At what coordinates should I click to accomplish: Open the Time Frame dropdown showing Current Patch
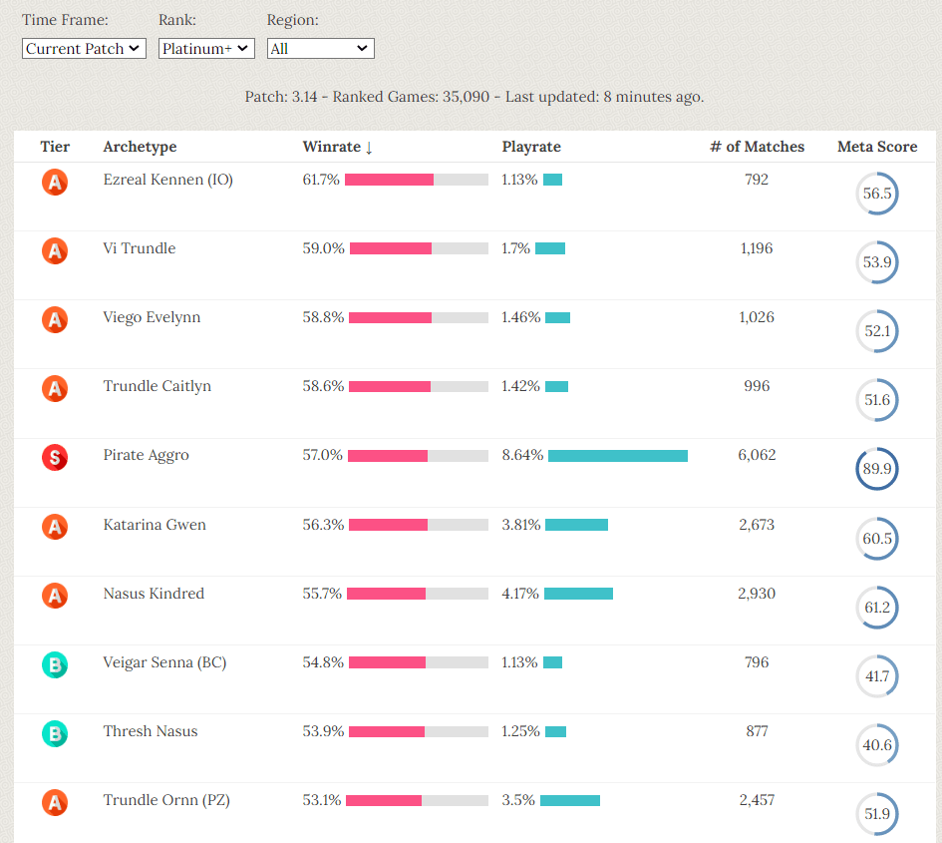[84, 48]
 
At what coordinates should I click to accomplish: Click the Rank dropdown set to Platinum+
[206, 48]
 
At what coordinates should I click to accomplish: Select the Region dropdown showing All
[320, 48]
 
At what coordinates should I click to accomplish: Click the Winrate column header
[337, 147]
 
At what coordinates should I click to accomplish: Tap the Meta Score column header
[877, 147]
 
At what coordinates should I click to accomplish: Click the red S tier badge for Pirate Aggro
[55, 458]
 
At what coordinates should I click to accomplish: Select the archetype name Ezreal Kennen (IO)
[167, 180]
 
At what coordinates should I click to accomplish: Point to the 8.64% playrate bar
[618, 456]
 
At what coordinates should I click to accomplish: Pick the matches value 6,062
[757, 455]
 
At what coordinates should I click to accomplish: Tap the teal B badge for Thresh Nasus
[55, 734]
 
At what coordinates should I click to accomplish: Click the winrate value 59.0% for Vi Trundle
[323, 248]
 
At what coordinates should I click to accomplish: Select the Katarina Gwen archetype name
[155, 525]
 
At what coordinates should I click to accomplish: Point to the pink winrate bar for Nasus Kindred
[387, 594]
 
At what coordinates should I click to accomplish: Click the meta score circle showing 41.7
[877, 676]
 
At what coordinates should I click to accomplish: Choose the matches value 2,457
[757, 800]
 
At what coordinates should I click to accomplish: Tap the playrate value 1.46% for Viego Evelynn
[521, 317]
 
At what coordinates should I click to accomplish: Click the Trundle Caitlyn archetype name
[157, 386]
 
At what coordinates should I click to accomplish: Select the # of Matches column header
[757, 147]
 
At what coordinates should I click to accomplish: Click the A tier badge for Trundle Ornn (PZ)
[55, 803]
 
